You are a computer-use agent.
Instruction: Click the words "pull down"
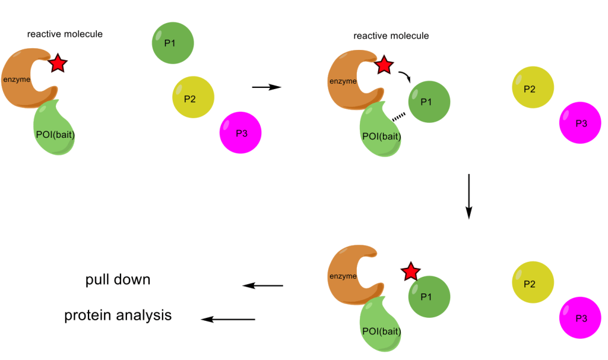117,280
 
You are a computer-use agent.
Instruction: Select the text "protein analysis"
118,315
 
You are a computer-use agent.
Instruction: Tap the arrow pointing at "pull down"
263,286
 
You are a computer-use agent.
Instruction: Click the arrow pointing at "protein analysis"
228,320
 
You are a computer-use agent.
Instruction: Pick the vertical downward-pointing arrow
468,197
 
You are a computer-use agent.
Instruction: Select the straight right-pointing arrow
265,87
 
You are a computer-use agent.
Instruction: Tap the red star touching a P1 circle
410,272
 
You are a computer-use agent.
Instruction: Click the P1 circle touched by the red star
429,296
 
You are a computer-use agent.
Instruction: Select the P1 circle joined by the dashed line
429,102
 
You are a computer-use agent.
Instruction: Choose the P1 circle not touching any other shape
172,43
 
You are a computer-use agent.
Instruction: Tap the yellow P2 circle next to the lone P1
193,98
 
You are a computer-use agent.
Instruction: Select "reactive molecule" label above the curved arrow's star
391,36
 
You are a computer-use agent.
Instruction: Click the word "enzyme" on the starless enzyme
343,276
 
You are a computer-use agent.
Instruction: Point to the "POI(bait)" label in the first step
55,134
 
